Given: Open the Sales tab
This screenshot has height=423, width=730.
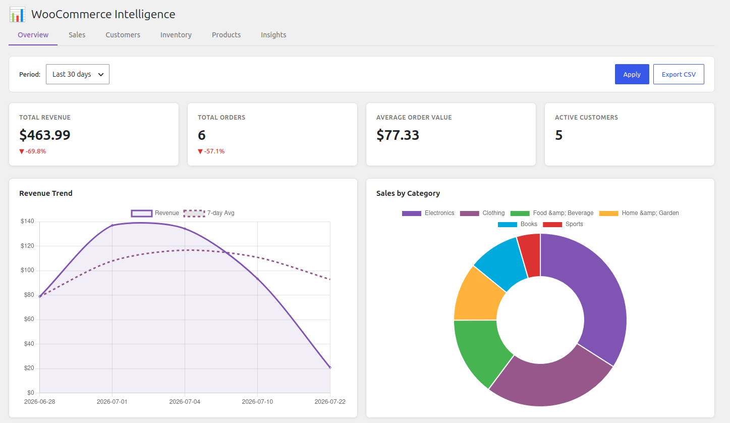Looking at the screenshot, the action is [x=77, y=35].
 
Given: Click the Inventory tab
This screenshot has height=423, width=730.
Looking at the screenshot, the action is [x=176, y=35].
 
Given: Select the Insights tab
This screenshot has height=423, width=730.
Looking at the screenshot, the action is [x=273, y=35].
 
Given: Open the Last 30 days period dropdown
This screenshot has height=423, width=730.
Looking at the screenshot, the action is [x=78, y=74].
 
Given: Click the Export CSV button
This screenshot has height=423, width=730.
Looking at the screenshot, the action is [x=679, y=74].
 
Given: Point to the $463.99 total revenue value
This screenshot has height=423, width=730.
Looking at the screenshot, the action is [x=44, y=135].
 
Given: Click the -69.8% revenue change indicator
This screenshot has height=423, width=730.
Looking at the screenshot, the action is [x=33, y=151].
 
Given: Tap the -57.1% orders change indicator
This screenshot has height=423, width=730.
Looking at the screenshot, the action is [x=211, y=151].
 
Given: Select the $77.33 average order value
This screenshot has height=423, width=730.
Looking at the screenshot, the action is [x=398, y=135].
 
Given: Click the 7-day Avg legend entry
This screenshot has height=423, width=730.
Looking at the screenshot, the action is [x=209, y=214].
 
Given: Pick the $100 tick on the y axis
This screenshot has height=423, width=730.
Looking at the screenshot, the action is [x=27, y=270].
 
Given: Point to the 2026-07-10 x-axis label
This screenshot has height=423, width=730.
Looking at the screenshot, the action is [x=257, y=402].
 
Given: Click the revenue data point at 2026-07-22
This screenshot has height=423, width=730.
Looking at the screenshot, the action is [x=330, y=367].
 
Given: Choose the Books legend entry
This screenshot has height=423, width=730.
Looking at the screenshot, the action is [x=518, y=225].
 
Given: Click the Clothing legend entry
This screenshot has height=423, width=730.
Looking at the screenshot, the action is [x=482, y=214].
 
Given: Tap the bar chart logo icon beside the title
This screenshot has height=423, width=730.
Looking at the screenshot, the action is [x=17, y=15].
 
